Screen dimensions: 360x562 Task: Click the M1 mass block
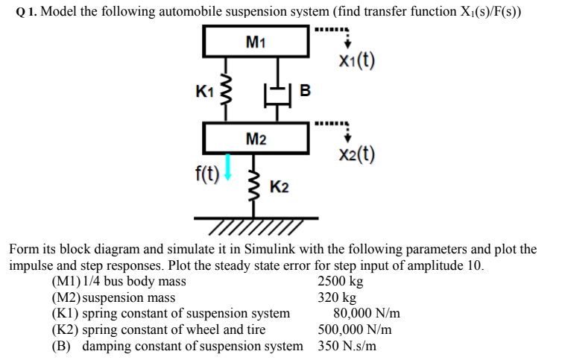256,42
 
